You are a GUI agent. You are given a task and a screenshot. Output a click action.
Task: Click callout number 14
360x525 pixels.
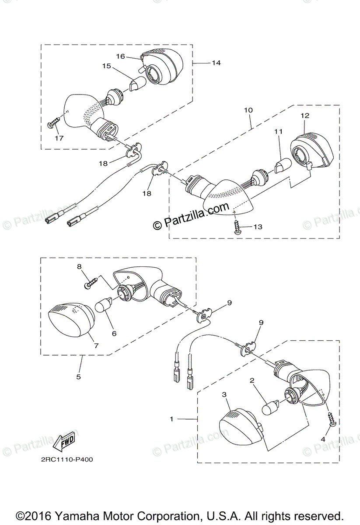[x=216, y=63]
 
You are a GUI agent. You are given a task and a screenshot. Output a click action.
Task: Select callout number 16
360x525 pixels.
[x=120, y=56]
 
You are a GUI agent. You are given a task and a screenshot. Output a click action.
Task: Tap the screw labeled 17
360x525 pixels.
[x=52, y=123]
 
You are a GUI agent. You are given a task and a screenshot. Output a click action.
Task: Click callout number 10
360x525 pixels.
[x=248, y=110]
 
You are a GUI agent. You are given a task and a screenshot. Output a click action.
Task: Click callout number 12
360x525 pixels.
[x=305, y=115]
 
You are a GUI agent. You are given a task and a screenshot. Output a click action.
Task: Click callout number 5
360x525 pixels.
[x=79, y=376]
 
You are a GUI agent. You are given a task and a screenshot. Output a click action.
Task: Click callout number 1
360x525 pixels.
[x=172, y=419]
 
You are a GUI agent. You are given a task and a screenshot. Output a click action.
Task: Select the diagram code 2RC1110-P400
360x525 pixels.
[x=64, y=459]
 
